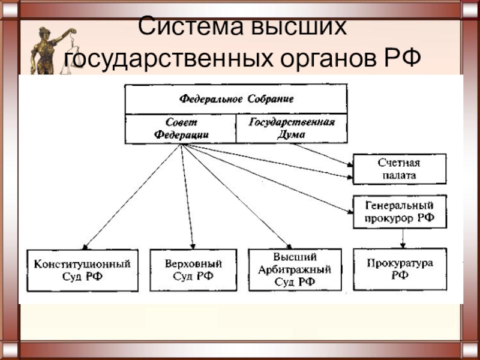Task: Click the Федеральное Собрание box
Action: pyautogui.click(x=236, y=98)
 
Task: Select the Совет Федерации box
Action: pyautogui.click(x=181, y=128)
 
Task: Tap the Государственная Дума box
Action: pyautogui.click(x=291, y=128)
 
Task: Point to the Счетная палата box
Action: pyautogui.click(x=399, y=169)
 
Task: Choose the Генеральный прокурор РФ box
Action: pyautogui.click(x=399, y=212)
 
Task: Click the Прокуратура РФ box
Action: pyautogui.click(x=400, y=269)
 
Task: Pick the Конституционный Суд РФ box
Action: pyautogui.click(x=83, y=270)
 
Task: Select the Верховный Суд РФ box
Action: pyautogui.click(x=193, y=270)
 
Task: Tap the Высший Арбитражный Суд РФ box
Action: pyautogui.click(x=295, y=270)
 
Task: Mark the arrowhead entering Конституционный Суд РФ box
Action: pyautogui.click(x=86, y=245)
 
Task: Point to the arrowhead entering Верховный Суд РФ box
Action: pyautogui.click(x=193, y=245)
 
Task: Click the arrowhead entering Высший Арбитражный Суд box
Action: pyautogui.click(x=290, y=245)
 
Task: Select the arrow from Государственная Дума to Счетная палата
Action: pyautogui.click(x=324, y=155)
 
